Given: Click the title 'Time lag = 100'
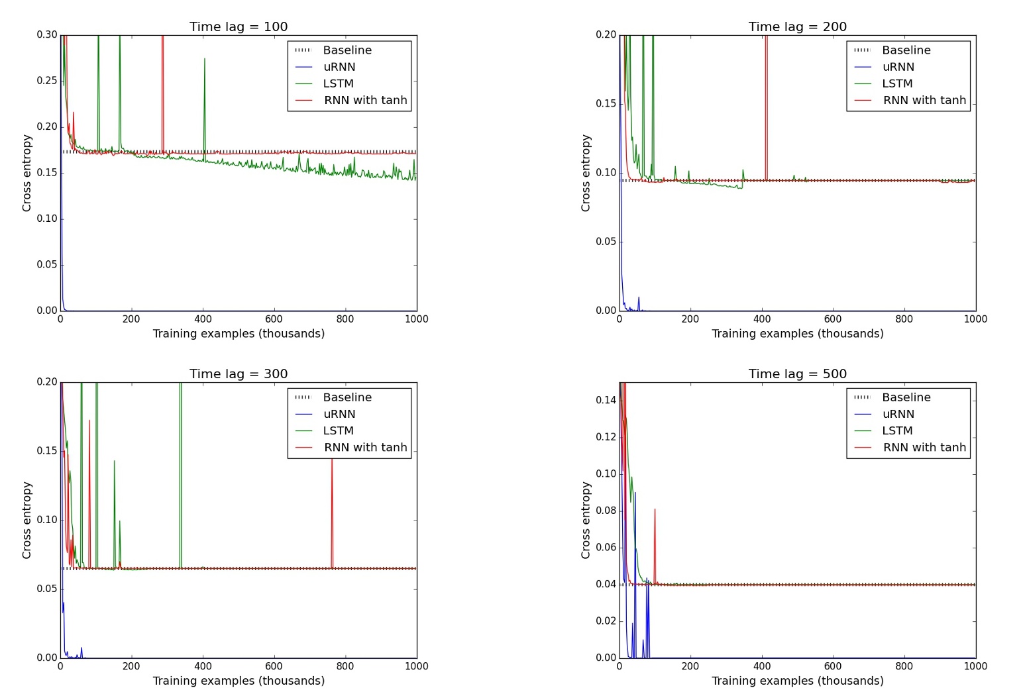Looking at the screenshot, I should (239, 26).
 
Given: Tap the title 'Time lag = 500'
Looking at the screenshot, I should (797, 373).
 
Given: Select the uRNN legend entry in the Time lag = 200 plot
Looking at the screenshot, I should (898, 67).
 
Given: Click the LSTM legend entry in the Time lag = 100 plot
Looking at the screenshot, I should (338, 83).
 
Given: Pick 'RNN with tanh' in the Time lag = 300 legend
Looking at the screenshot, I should (365, 448).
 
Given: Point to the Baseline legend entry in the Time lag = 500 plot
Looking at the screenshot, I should (906, 397).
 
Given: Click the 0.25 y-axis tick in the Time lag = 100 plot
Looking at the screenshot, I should (47, 81).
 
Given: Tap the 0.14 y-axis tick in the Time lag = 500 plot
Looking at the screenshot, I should (606, 400).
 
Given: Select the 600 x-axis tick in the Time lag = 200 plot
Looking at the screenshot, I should (833, 319).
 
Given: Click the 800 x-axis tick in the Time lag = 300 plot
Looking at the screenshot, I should (345, 666).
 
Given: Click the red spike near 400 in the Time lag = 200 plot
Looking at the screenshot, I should (766, 99).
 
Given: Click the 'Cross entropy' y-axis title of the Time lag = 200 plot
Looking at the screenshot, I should (586, 173).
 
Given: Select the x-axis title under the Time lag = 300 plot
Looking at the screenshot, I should (239, 681).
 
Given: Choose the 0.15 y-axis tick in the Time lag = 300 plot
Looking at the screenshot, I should (47, 451).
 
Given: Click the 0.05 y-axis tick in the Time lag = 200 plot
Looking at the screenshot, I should (606, 242).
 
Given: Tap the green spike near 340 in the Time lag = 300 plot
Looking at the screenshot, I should (180, 464).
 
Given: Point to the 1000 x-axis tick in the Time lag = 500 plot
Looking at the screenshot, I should (975, 666).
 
